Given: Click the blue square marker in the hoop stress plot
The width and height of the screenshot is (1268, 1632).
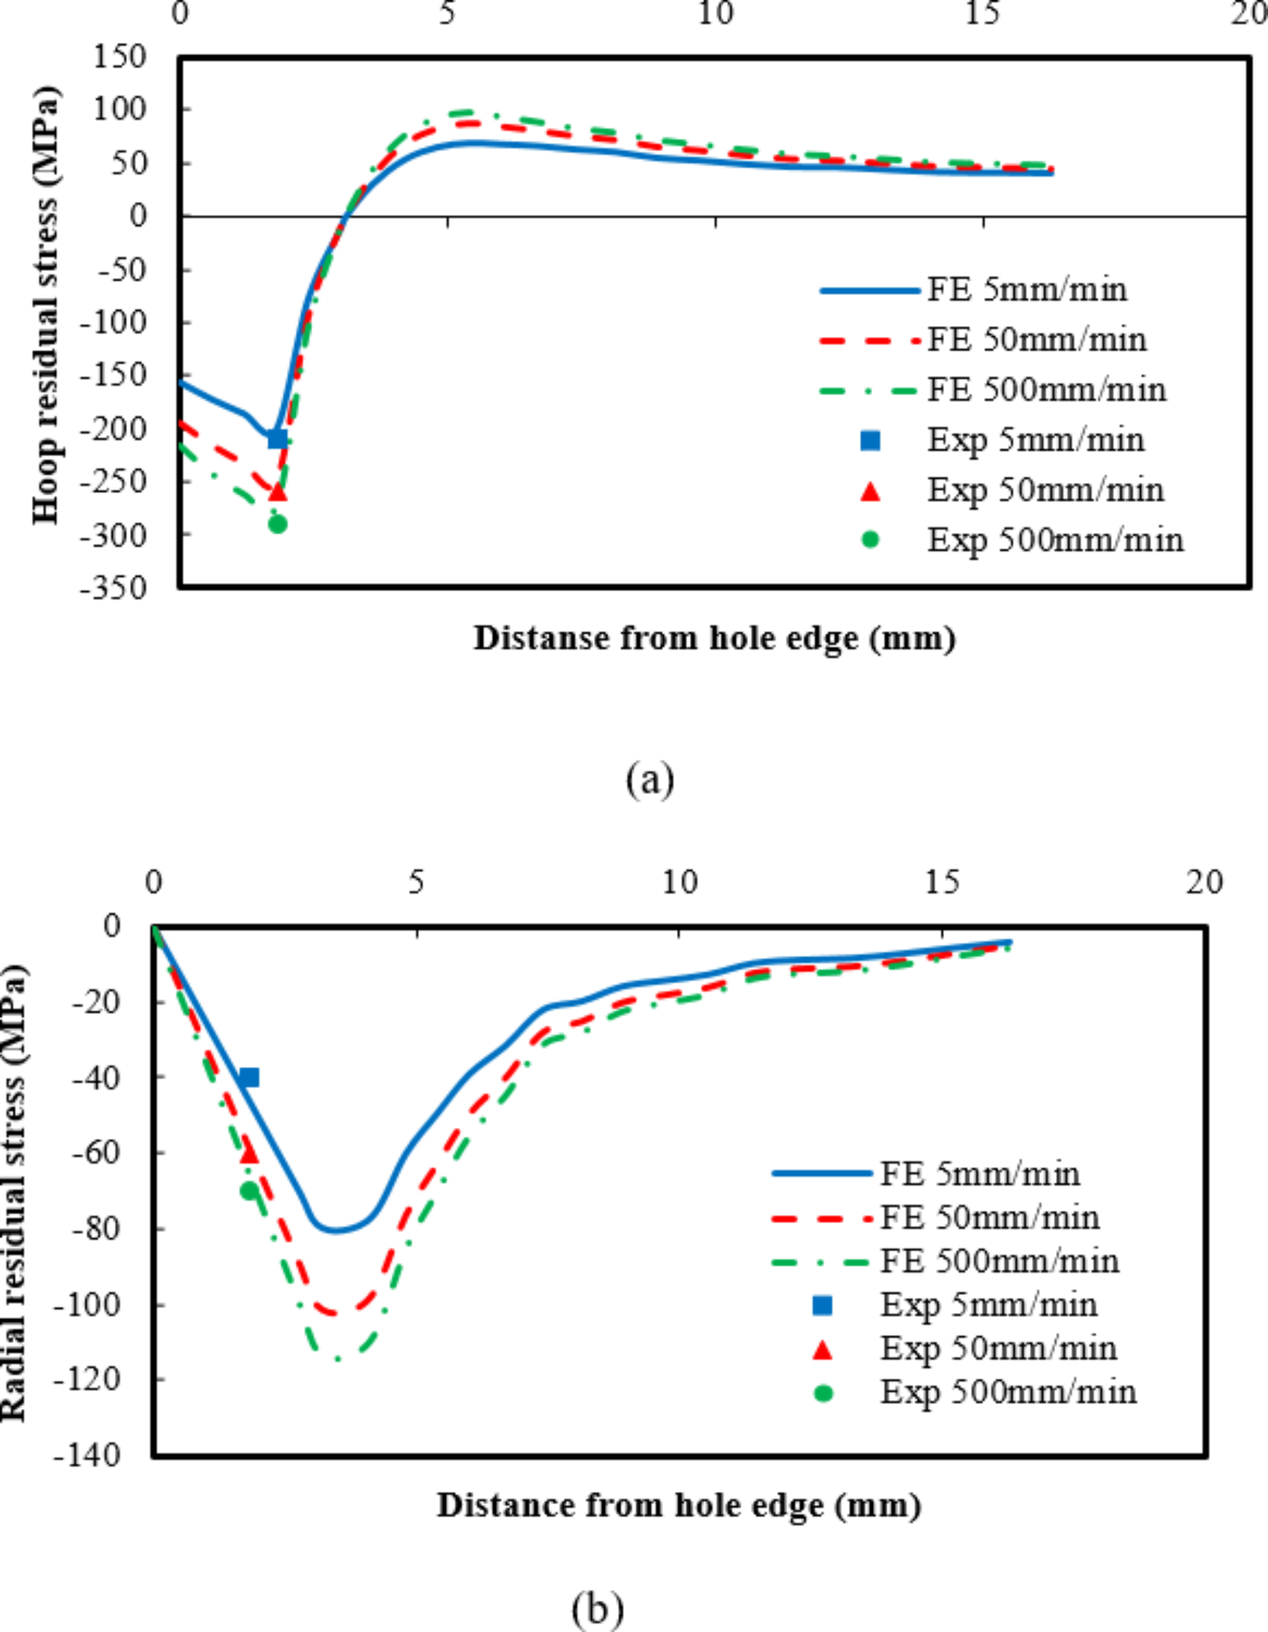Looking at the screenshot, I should [277, 439].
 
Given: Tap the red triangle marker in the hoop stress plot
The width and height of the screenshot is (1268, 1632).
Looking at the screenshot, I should [277, 492].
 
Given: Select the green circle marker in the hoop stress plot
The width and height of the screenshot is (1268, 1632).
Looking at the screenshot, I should [277, 524].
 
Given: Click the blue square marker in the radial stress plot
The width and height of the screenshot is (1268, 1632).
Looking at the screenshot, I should [249, 1077].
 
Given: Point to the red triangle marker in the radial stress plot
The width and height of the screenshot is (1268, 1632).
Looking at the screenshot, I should [249, 1155].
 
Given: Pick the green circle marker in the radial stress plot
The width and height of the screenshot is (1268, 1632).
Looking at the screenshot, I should [249, 1191].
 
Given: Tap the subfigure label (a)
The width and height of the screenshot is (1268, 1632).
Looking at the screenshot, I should [650, 779].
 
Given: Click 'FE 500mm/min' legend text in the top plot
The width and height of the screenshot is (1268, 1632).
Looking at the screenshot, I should [1046, 390].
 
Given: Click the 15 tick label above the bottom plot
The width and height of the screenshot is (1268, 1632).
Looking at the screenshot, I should [941, 883].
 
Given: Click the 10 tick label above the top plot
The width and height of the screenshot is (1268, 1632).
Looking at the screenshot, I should [715, 15].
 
